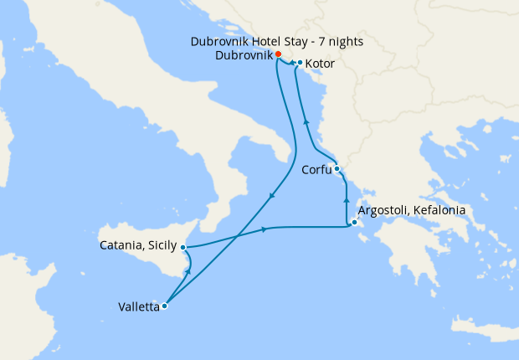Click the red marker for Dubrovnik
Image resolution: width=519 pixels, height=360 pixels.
coord(278,54)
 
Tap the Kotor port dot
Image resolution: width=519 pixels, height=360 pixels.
coord(299,63)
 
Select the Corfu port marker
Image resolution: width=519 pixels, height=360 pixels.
coord(337,169)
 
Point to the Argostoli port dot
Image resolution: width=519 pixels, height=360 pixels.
coord(355,223)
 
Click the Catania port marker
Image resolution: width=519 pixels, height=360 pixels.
coord(182,247)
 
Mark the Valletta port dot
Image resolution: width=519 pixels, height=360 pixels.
coord(164,306)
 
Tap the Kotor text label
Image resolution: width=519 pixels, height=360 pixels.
coord(321,63)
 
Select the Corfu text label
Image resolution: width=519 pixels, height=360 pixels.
coord(315,170)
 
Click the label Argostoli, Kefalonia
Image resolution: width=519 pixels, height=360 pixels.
coord(411,210)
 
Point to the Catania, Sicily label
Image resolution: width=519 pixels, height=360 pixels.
coord(138,246)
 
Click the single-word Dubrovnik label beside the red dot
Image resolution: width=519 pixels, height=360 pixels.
coord(244,54)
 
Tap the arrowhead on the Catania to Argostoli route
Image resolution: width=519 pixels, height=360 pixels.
coord(265,229)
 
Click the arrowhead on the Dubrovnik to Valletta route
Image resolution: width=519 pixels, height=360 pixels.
coord(272,196)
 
